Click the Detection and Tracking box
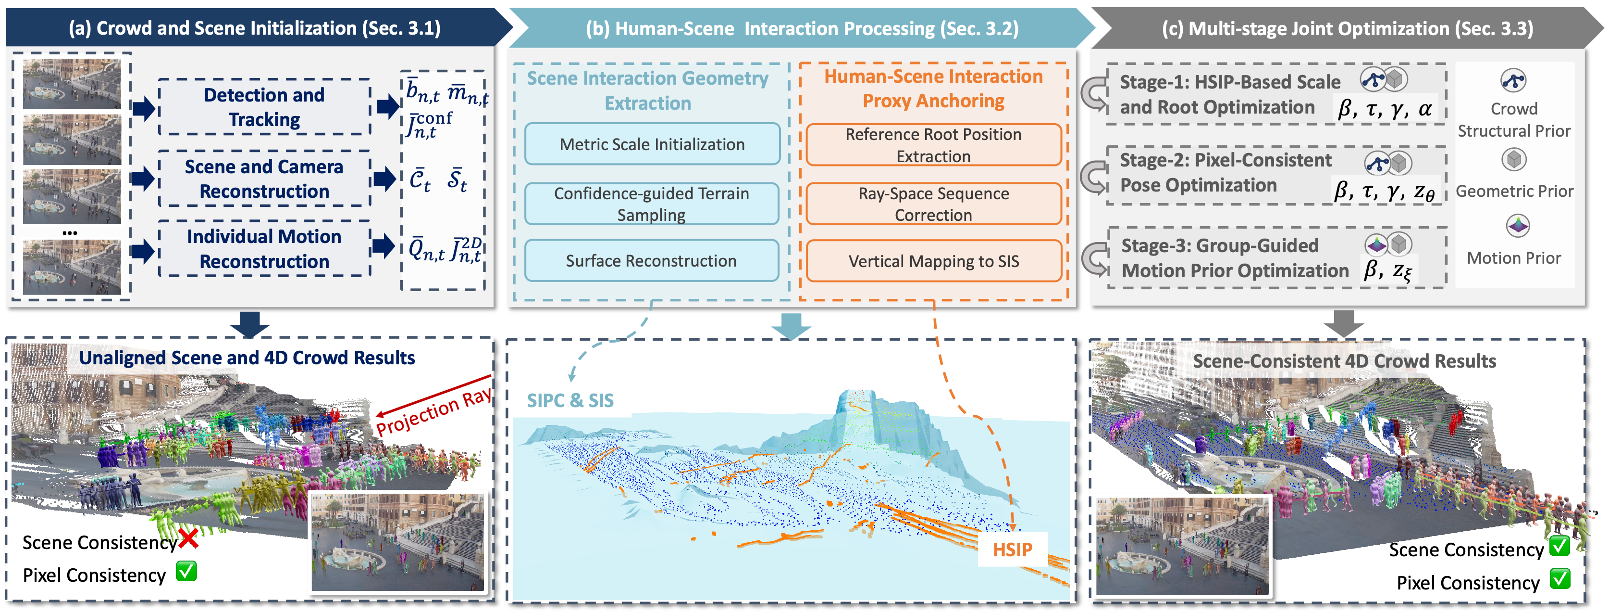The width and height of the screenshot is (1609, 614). [x=264, y=107]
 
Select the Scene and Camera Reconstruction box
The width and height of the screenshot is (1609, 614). [x=264, y=179]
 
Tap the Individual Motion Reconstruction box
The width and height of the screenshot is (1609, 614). [x=264, y=249]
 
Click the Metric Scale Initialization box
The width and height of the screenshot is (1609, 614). [x=652, y=144]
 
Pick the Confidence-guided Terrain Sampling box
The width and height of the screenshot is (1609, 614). [x=652, y=204]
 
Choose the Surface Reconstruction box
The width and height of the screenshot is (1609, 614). [x=652, y=261]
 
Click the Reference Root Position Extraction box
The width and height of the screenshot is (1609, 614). [x=934, y=145]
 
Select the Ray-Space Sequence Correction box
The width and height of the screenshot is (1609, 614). [x=934, y=204]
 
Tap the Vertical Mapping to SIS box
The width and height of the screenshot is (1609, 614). [x=934, y=261]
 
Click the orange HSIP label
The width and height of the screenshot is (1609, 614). [x=1013, y=550]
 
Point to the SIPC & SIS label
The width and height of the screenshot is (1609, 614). [x=570, y=400]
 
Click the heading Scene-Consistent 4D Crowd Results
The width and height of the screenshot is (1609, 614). [x=1344, y=361]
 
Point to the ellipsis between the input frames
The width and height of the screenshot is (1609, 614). [x=70, y=232]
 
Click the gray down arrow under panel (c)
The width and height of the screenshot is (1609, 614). [x=1344, y=324]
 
